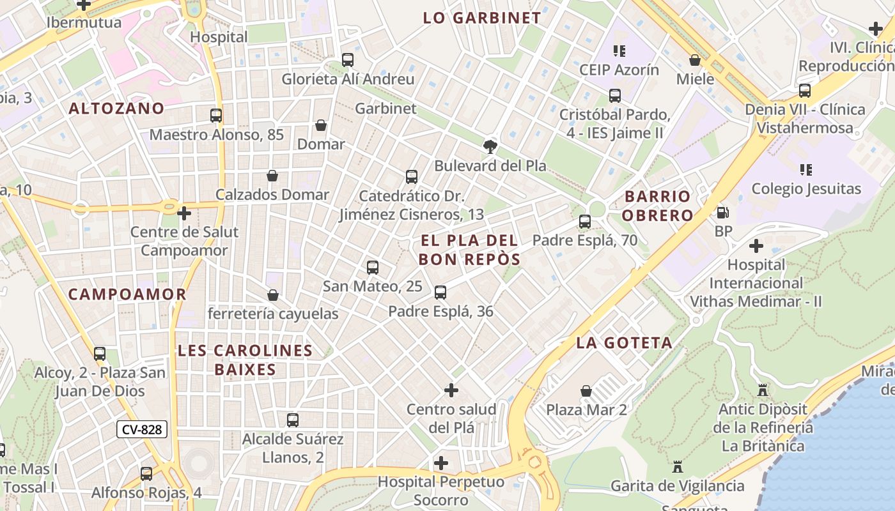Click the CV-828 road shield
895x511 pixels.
[141, 429]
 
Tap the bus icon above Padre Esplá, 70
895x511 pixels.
[584, 222]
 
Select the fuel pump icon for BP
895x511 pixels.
[722, 213]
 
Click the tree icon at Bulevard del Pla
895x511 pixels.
[490, 147]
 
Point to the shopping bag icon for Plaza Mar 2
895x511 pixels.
[586, 390]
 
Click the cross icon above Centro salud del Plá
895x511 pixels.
[451, 390]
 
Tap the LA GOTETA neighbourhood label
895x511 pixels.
[624, 343]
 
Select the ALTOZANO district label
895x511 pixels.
[116, 109]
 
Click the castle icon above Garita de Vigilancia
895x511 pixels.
[678, 467]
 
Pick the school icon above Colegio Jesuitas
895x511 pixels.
[806, 170]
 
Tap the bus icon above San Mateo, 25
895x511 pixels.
[373, 267]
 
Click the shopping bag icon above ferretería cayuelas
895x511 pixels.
[273, 295]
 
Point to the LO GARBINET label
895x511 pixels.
[482, 18]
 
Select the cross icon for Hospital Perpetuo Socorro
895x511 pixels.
[441, 462]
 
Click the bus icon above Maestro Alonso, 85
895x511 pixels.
[216, 116]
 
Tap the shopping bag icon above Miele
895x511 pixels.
[695, 60]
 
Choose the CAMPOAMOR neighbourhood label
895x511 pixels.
[127, 294]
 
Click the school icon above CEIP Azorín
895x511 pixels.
[619, 50]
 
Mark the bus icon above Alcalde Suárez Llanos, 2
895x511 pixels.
[293, 420]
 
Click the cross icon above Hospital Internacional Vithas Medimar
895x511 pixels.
[756, 245]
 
